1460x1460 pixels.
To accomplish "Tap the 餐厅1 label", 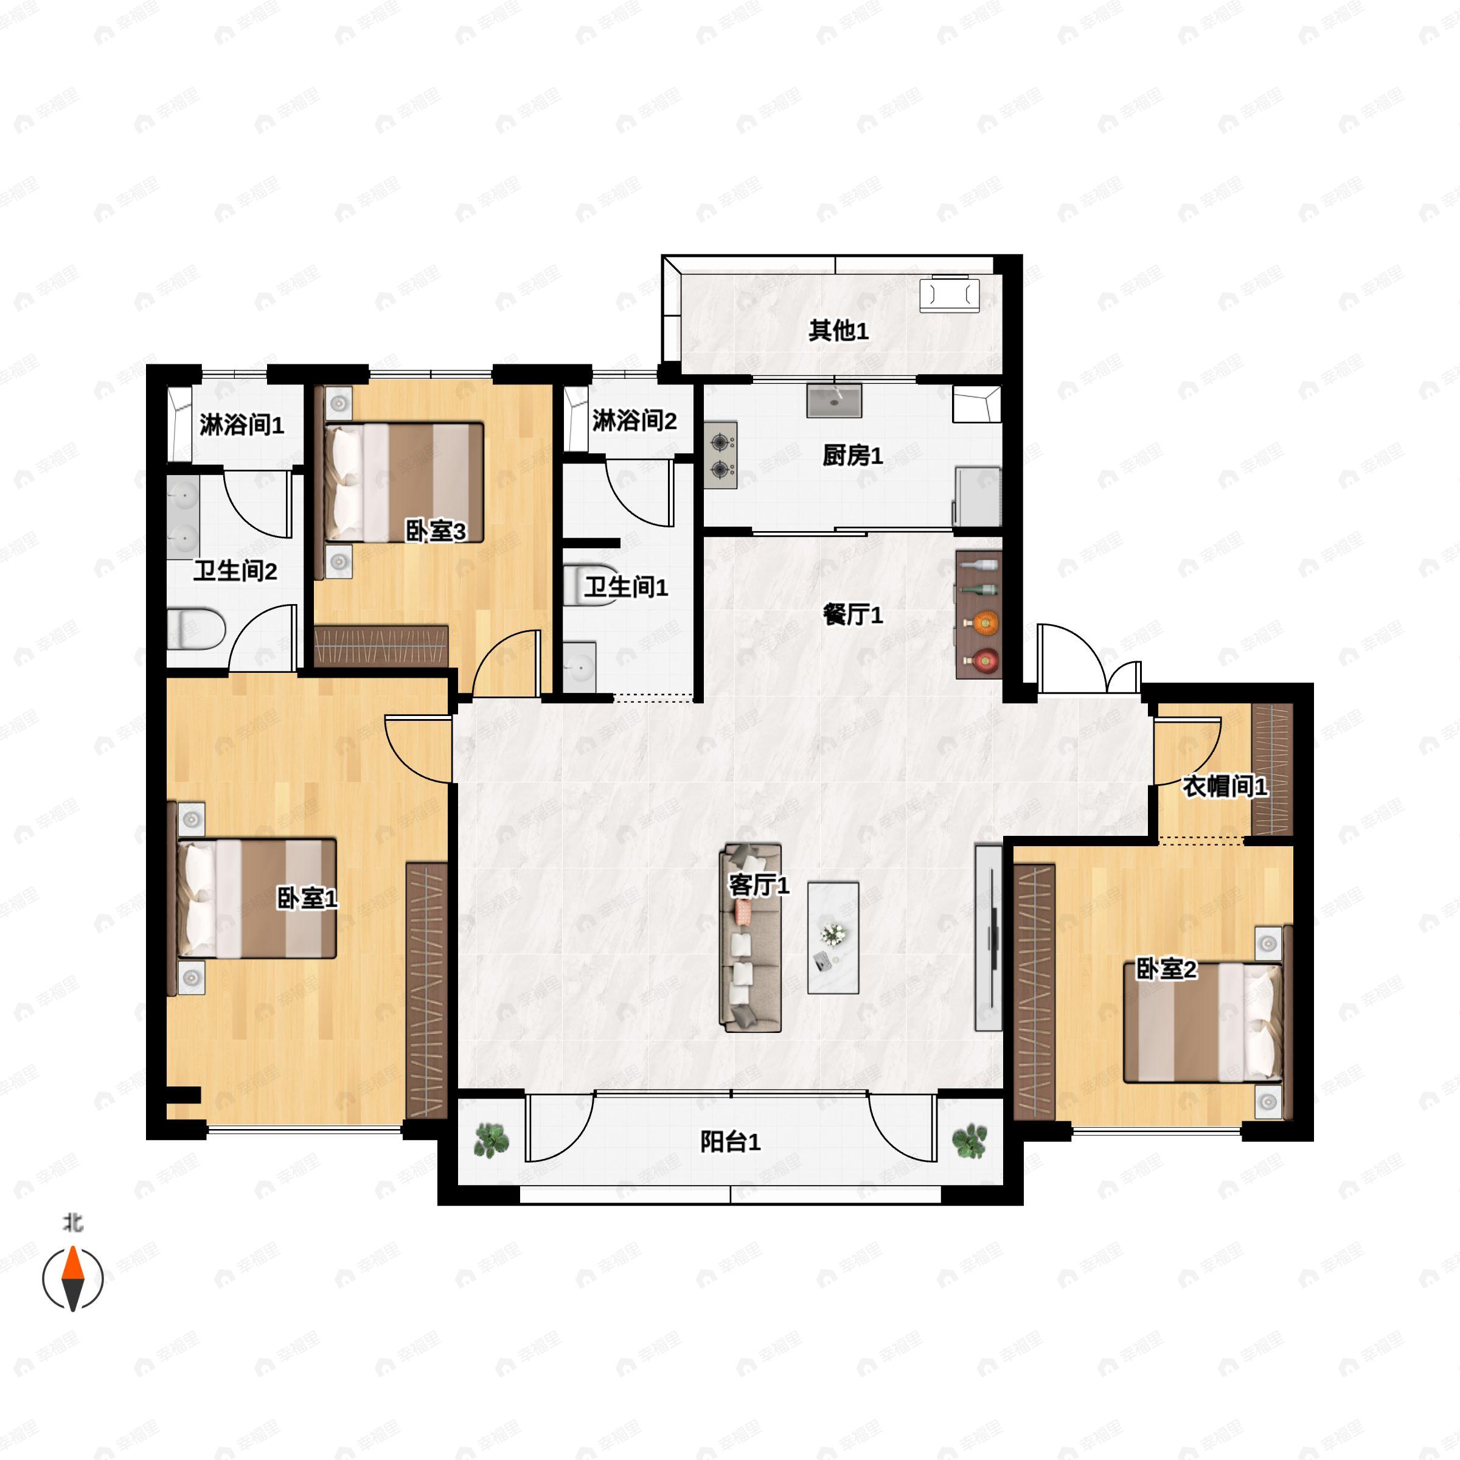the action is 853,614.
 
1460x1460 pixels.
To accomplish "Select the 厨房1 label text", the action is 853,455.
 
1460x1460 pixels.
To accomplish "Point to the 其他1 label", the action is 839,330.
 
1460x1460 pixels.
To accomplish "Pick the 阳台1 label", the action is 730,1141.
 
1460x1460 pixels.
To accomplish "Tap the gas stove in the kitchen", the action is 721,456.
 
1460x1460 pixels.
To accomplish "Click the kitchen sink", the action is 834,400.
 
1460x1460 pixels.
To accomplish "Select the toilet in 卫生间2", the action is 196,630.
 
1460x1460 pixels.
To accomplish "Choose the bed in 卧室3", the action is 403,482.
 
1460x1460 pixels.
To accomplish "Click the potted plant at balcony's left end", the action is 491,1141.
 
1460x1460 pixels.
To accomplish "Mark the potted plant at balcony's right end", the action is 970,1141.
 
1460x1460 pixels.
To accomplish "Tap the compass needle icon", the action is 72,1279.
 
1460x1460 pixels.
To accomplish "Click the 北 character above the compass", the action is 72,1223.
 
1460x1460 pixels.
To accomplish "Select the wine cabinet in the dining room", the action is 979,614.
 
